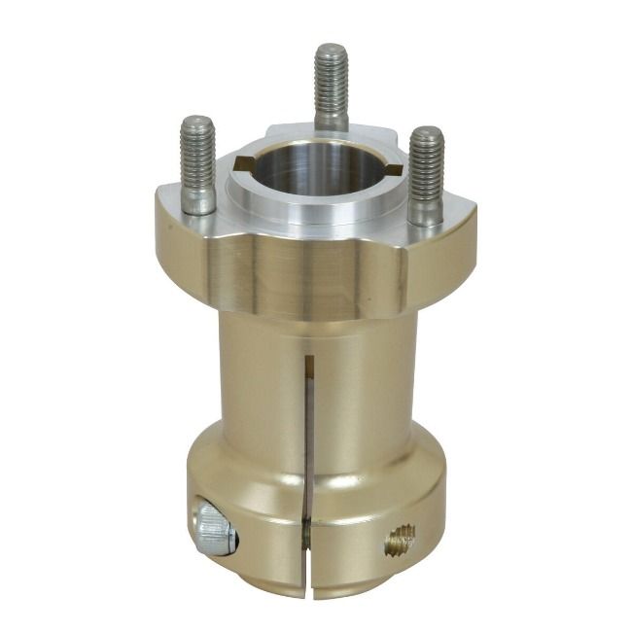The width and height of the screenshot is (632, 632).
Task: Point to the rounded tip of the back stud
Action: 331,49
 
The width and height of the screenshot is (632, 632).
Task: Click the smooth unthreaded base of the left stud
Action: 198,199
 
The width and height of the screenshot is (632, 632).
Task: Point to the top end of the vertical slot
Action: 309,362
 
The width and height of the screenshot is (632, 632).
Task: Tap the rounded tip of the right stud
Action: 426,134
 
